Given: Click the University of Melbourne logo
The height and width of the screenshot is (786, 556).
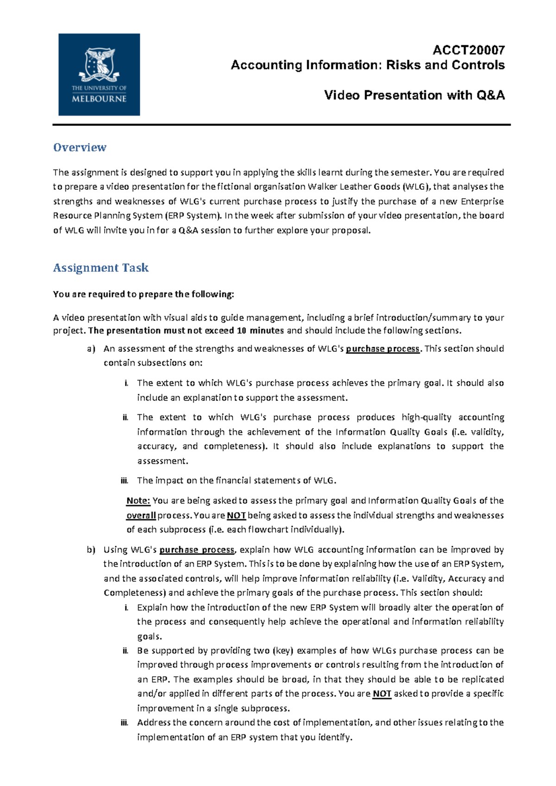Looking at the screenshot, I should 99,75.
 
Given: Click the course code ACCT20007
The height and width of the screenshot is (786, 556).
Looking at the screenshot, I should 468,50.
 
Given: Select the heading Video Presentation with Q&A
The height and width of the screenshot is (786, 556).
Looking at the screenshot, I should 414,95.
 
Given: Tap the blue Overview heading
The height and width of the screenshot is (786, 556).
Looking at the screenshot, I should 80,148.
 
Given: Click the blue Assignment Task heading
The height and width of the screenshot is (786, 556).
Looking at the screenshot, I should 101,268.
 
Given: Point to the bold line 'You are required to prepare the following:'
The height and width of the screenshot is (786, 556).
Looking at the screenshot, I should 144,294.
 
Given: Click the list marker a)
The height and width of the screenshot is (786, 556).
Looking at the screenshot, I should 91,349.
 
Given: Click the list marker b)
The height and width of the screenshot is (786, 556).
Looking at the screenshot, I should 91,550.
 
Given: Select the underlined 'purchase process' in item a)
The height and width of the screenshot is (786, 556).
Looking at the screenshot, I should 382,349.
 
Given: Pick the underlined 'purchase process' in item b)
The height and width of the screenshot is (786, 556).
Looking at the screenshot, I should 197,550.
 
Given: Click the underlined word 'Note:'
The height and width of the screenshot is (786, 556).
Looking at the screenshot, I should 138,501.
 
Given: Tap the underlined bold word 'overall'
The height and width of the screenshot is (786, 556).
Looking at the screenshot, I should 141,516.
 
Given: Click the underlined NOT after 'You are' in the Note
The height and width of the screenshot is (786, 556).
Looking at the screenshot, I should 236,516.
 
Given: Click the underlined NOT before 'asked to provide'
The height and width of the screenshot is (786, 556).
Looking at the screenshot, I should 382,694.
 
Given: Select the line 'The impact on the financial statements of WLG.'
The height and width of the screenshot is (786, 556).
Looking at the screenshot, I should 236,480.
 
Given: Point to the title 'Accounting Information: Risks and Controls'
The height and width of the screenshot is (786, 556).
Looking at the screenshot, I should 367,65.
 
